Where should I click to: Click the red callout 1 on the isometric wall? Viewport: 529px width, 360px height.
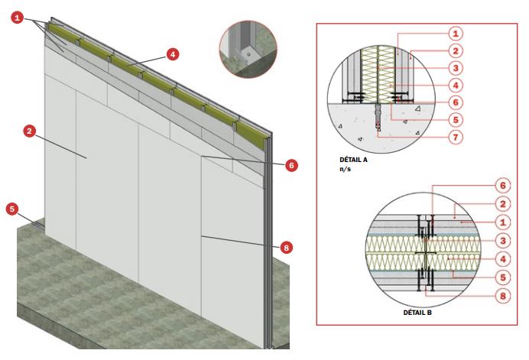coord(18,18)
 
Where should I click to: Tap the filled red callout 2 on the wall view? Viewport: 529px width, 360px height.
coord(29,131)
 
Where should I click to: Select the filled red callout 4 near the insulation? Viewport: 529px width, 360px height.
coord(173,54)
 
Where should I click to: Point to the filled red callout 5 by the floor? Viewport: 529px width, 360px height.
coord(12,209)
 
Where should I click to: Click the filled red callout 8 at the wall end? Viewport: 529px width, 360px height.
coord(286,248)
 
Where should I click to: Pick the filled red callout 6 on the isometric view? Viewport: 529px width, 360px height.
coord(291,165)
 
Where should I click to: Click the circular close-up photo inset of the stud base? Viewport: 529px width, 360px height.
coord(248,49)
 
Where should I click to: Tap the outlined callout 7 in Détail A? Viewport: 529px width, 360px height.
coord(456,138)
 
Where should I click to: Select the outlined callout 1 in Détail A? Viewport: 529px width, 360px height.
coord(456,34)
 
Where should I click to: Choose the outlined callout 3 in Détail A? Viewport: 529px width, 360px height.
coord(456,68)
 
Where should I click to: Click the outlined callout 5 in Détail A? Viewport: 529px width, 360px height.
coord(456,120)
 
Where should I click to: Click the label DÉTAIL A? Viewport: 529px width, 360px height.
coord(353,160)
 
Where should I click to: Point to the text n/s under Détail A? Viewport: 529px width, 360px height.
coord(345,169)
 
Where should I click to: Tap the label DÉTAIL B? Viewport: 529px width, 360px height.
coord(417,313)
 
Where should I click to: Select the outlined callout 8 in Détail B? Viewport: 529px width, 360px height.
coord(503,297)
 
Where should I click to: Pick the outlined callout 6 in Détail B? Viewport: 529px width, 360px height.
coord(503,186)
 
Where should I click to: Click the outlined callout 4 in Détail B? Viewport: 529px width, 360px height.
coord(503,259)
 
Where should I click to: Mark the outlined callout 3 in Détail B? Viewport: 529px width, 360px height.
coord(503,241)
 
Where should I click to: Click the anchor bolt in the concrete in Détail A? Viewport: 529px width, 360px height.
coord(378,117)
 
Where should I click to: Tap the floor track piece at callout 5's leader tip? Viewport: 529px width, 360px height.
coord(37,225)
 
